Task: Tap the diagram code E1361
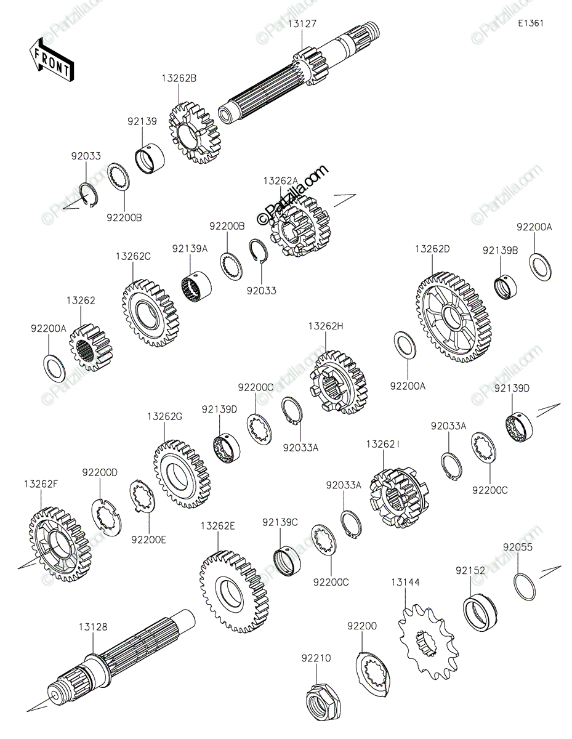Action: click(531, 23)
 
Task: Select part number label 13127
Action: click(302, 24)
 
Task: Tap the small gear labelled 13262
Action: click(91, 347)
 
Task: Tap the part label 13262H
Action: click(326, 326)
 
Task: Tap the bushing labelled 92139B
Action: click(505, 289)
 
